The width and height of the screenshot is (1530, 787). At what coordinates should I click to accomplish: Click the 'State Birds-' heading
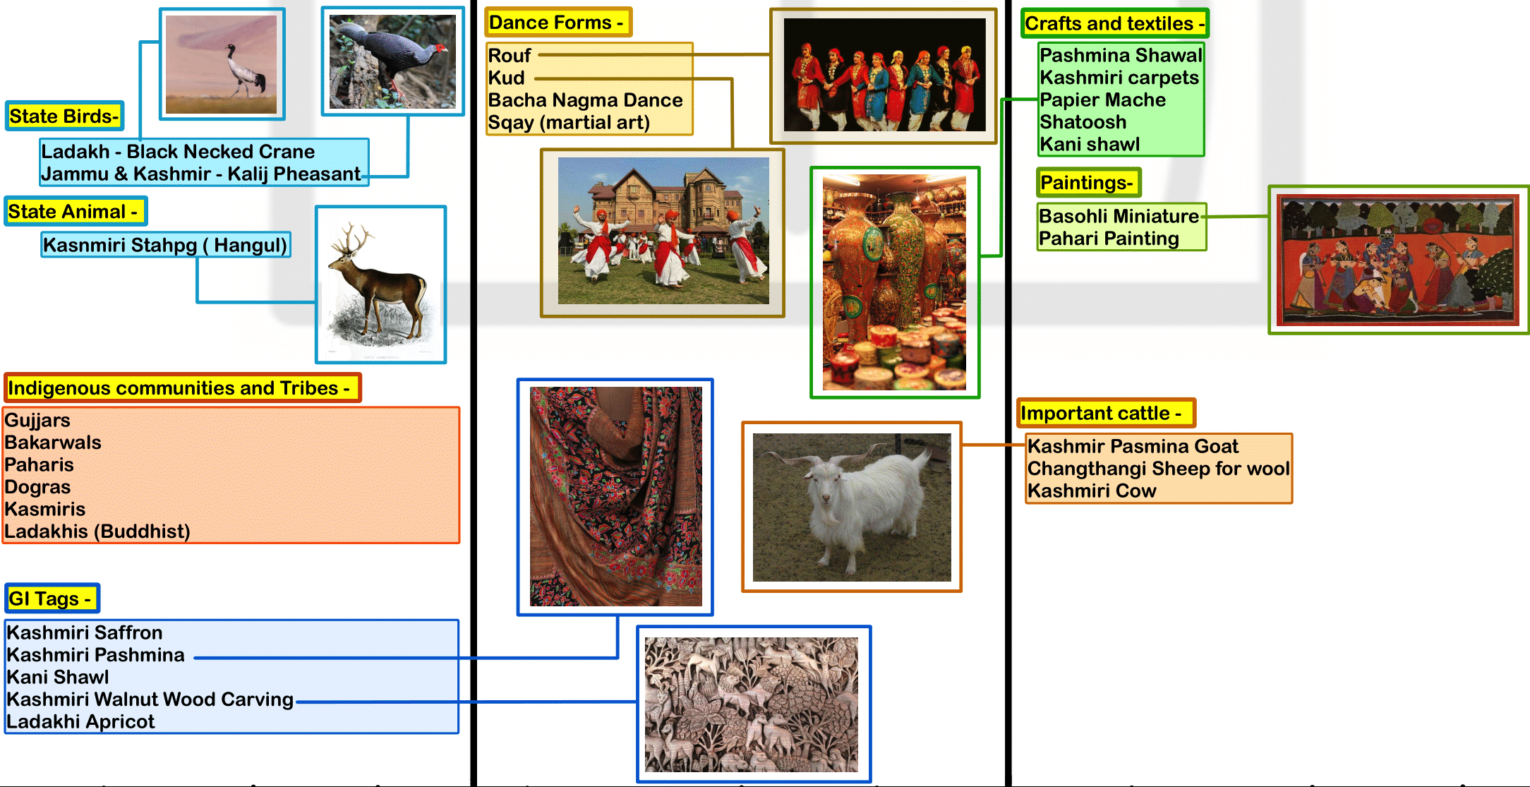(x=64, y=116)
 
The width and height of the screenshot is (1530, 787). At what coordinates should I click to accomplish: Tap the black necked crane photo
(x=222, y=64)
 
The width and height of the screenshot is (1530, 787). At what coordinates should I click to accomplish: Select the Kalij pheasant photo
(x=392, y=61)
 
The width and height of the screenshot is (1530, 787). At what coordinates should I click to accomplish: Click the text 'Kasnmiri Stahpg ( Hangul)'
(x=165, y=245)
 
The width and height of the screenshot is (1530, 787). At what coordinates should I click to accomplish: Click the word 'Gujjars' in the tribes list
(x=37, y=420)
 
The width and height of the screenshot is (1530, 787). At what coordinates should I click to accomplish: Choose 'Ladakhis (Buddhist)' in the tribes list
(x=97, y=531)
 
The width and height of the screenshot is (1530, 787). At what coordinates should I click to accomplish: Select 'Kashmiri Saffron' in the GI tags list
(x=85, y=632)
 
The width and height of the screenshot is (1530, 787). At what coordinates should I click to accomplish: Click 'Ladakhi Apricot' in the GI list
(x=80, y=721)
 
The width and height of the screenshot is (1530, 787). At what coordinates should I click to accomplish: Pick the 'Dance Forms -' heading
(x=558, y=23)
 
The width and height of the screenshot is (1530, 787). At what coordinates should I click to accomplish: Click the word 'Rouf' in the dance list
(x=510, y=55)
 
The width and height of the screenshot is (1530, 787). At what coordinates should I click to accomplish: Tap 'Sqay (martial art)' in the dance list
(x=569, y=122)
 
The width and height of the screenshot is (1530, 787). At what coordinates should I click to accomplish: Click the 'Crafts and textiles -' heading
(x=1114, y=23)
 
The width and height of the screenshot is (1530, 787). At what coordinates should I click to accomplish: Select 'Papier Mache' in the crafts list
(x=1103, y=100)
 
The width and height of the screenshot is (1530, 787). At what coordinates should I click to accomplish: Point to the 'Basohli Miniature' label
(x=1119, y=216)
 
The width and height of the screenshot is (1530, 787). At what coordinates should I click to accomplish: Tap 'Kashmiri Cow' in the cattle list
(x=1092, y=491)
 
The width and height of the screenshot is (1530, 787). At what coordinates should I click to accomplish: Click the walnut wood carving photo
(x=752, y=704)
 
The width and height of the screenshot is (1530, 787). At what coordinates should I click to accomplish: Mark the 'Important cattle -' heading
(x=1105, y=413)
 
